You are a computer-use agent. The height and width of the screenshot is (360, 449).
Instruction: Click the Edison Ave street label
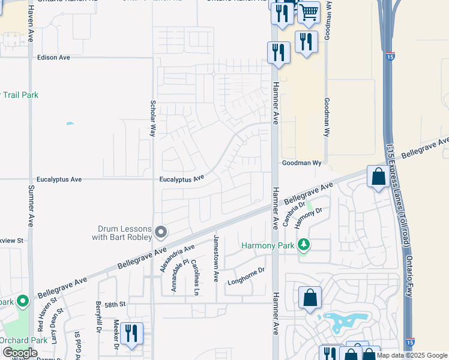point(53,58)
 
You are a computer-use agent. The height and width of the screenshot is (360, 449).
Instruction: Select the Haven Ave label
point(31,25)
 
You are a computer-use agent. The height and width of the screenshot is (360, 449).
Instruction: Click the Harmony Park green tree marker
point(304,245)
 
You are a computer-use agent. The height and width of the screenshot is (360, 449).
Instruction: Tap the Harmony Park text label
point(268,245)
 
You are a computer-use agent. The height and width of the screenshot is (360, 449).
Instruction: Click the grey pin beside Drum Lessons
point(160,232)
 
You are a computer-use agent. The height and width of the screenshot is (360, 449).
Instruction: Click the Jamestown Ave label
point(215,259)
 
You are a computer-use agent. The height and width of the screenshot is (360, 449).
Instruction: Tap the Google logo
point(20,353)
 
